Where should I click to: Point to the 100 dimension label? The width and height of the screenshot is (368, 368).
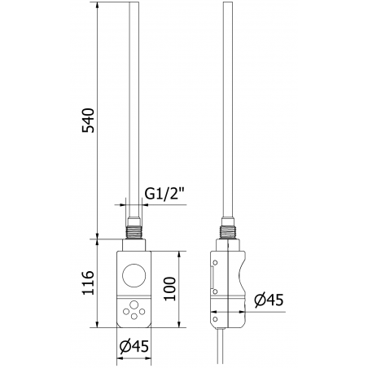[x=170, y=287]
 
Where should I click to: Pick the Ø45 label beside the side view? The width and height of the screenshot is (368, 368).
[x=266, y=300]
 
